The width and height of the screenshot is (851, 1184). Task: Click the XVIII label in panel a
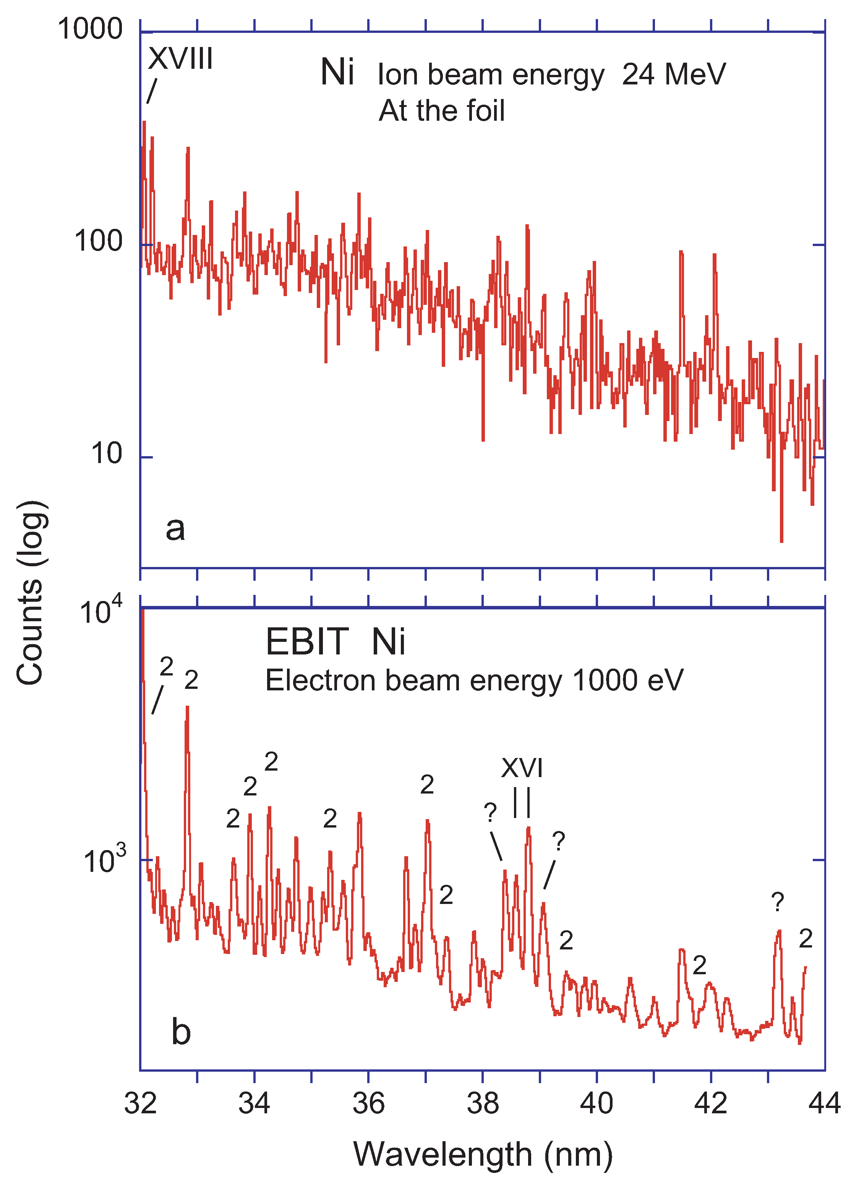[180, 58]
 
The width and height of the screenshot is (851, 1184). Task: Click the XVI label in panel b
[522, 768]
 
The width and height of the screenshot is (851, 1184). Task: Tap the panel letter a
[175, 528]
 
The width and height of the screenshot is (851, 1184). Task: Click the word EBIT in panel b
[306, 641]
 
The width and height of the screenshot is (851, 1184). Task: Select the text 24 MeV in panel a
[673, 74]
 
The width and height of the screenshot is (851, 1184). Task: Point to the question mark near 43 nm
[777, 902]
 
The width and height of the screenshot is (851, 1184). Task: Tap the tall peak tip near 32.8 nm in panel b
[187, 707]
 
